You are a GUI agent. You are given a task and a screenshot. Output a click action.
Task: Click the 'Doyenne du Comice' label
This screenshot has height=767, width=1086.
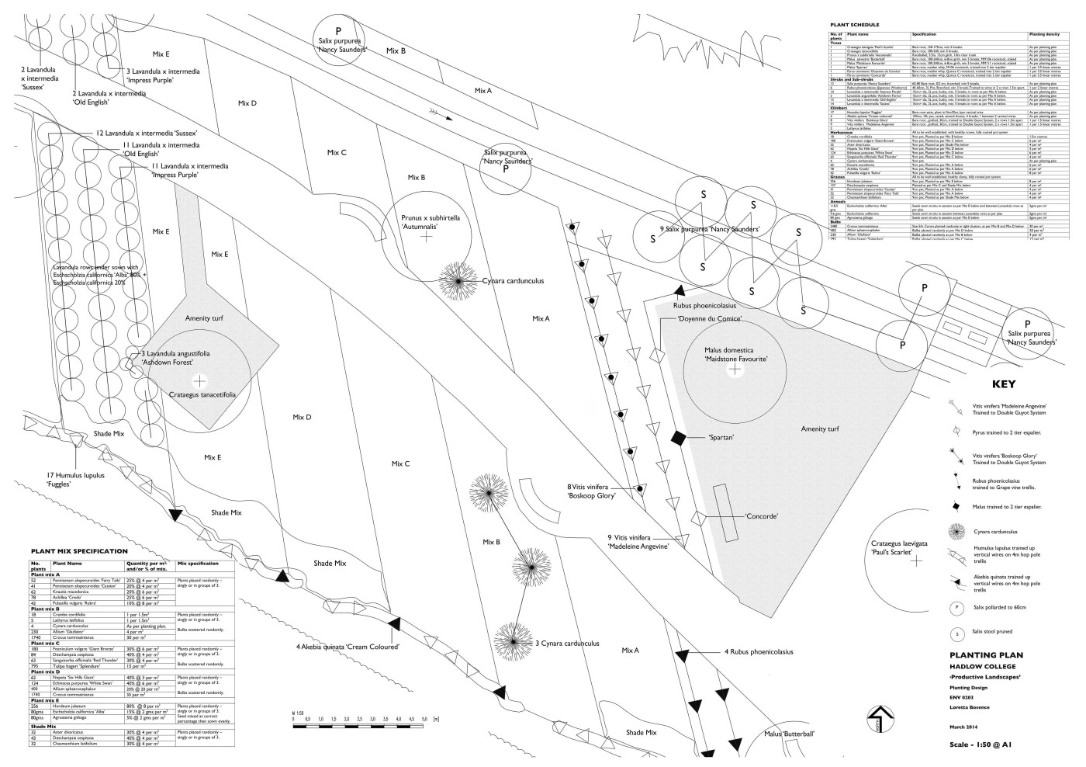tap(706, 318)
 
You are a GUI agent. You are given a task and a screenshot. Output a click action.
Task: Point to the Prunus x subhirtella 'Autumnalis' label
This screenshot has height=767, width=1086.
tap(431, 223)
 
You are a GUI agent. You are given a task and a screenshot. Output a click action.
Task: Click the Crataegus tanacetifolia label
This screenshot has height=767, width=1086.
tap(202, 394)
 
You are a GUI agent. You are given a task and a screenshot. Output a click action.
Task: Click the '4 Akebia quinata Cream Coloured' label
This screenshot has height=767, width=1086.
tap(347, 647)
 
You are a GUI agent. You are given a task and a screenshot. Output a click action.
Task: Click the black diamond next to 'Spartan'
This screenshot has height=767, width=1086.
tap(679, 439)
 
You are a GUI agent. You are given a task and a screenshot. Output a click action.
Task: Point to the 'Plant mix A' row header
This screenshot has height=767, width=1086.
tap(47, 574)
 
